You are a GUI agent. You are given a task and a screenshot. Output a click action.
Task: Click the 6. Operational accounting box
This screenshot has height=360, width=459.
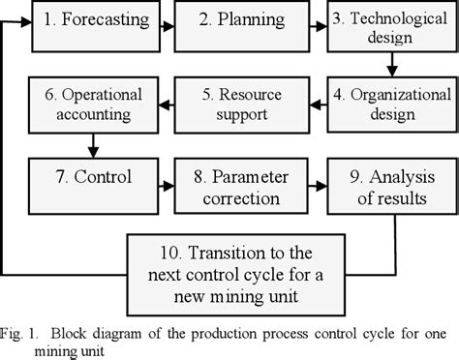click(x=90, y=104)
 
